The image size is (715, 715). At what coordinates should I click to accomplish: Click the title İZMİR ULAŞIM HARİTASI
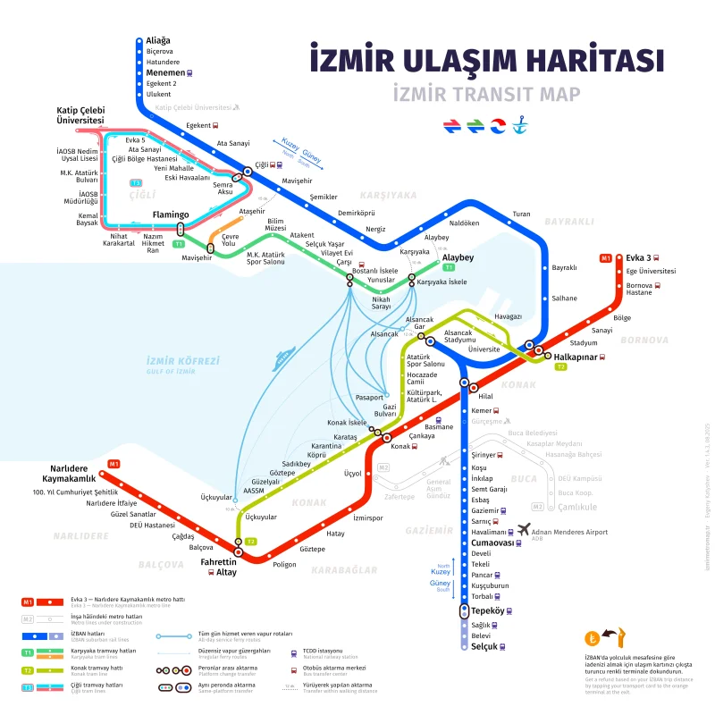point(486,60)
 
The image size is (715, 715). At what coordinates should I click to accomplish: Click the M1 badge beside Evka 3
point(605,258)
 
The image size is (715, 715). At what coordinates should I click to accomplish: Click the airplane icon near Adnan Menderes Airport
point(524,529)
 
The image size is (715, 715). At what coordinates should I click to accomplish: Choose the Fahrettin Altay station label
point(219,566)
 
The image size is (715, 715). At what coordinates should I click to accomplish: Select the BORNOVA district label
point(643,341)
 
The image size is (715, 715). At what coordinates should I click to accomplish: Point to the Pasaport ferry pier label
point(368,396)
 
